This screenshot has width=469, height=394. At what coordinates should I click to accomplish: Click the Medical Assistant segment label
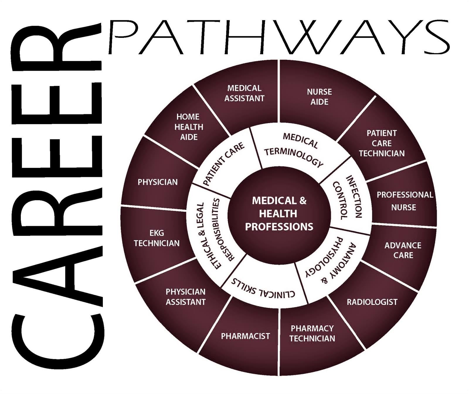pyautogui.click(x=244, y=93)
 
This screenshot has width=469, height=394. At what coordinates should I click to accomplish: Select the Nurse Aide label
pyautogui.click(x=320, y=97)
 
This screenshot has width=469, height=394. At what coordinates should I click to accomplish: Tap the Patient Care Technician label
pyautogui.click(x=382, y=143)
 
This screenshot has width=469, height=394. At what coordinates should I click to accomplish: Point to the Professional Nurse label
pyautogui.click(x=405, y=201)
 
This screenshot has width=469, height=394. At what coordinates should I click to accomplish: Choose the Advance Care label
pyautogui.click(x=403, y=250)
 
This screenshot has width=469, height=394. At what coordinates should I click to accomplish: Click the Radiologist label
pyautogui.click(x=372, y=302)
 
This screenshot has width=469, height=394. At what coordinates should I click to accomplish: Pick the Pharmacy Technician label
pyautogui.click(x=312, y=333)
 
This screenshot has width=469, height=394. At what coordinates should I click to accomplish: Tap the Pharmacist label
pyautogui.click(x=245, y=336)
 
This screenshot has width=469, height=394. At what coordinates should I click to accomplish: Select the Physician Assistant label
pyautogui.click(x=186, y=297)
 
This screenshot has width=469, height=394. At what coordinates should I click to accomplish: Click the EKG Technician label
pyautogui.click(x=157, y=238)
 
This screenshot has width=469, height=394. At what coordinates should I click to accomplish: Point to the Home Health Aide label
pyautogui.click(x=189, y=127)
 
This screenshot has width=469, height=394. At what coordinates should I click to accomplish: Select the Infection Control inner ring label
pyautogui.click(x=348, y=197)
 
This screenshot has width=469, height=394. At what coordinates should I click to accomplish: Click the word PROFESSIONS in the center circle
pyautogui.click(x=279, y=227)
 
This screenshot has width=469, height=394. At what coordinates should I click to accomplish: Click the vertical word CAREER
pyautogui.click(x=57, y=196)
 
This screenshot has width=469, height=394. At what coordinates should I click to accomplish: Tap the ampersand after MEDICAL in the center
pyautogui.click(x=303, y=201)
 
